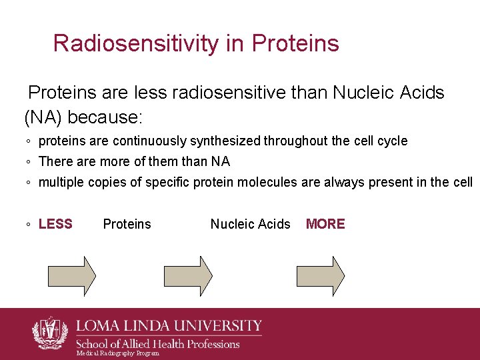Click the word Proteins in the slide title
(295, 43)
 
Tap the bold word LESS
(55, 224)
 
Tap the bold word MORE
(325, 224)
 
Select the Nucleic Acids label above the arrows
(250, 224)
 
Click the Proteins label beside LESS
(127, 224)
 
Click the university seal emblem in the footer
(50, 331)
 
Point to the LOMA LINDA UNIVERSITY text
(169, 326)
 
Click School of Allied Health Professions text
(157, 344)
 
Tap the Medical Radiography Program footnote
(118, 353)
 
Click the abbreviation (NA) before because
(43, 117)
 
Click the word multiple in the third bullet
(62, 182)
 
